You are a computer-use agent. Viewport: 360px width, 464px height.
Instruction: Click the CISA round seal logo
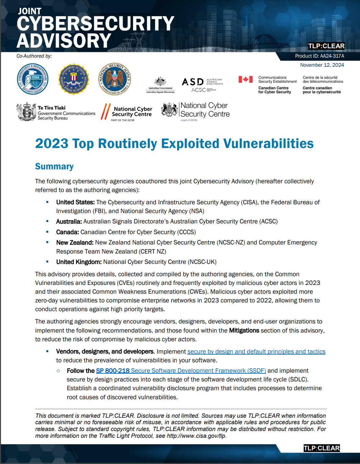tap(33, 79)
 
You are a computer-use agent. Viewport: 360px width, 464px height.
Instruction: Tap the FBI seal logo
tap(73, 79)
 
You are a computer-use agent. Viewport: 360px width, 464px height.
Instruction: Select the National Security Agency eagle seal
tap(114, 79)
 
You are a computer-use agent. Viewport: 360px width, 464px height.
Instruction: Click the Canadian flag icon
tap(245, 79)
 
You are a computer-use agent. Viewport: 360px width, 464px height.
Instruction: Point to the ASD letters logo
tap(193, 82)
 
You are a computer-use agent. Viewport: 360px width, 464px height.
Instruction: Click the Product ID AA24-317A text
tap(320, 56)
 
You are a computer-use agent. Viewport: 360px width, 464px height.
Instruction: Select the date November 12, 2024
tap(322, 65)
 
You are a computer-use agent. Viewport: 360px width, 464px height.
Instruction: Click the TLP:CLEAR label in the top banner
tap(326, 46)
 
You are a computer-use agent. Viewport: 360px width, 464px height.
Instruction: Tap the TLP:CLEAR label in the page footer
tap(321, 448)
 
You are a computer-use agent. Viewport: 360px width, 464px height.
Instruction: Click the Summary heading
tap(54, 166)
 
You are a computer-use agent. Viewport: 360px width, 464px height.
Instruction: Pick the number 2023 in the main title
tap(52, 144)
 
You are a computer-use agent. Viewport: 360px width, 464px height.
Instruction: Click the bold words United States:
tap(75, 202)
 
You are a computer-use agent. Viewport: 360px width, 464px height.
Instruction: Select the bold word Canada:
tap(67, 232)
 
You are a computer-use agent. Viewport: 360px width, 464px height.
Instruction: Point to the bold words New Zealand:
tap(75, 243)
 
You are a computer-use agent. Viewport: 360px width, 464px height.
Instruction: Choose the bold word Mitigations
tap(244, 331)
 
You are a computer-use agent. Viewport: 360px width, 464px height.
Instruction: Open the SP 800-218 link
tap(113, 371)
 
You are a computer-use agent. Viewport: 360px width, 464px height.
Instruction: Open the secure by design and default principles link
tap(256, 352)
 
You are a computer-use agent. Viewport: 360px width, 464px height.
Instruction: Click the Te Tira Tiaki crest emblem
tap(26, 112)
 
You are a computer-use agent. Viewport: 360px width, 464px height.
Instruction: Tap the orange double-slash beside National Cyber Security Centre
tap(106, 112)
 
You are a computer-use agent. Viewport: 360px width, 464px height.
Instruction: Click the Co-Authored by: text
tap(34, 56)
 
